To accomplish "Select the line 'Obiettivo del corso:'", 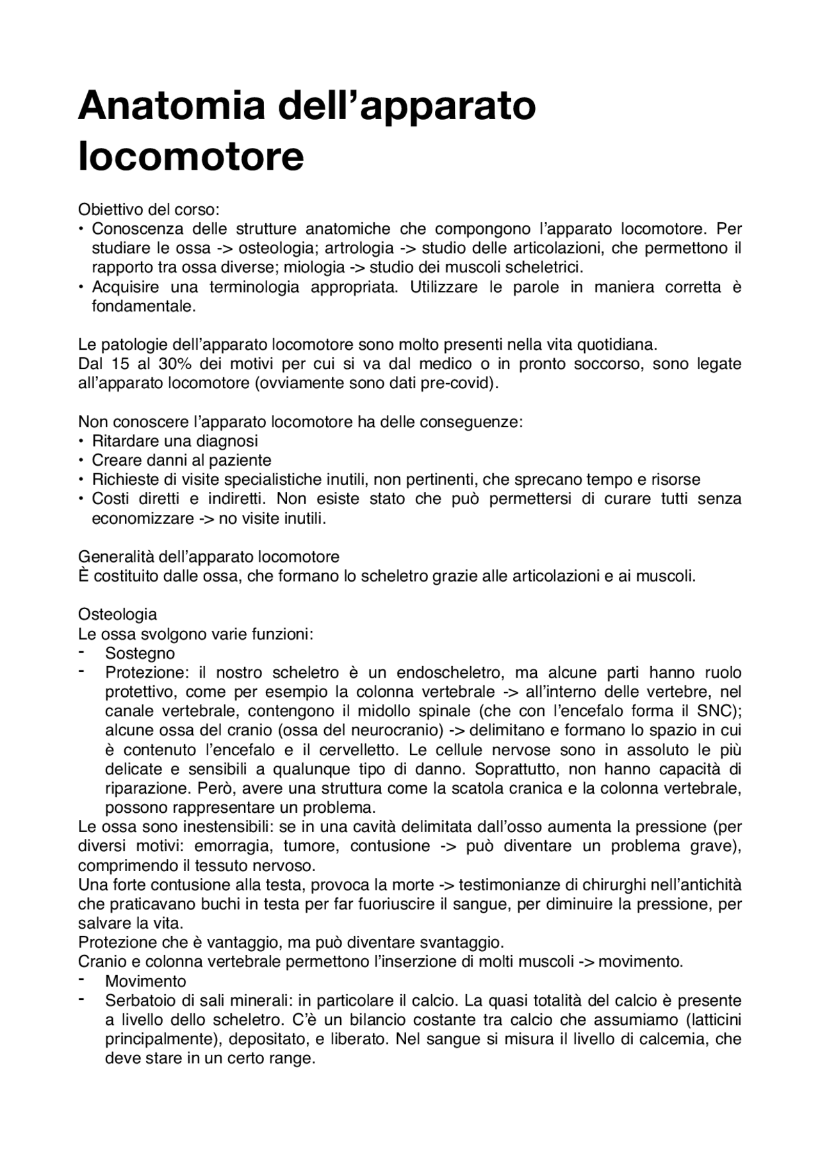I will coord(149,209).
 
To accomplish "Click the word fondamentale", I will coord(142,306).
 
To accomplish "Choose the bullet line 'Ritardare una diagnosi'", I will coord(175,441).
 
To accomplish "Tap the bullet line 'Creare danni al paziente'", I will coord(181,460).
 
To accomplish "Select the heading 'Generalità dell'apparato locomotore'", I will coord(208,557).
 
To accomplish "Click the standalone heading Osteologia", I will coord(117,614).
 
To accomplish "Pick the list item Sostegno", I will coord(140,653).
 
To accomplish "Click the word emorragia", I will coord(226,846).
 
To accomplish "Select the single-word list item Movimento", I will coord(145,981).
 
